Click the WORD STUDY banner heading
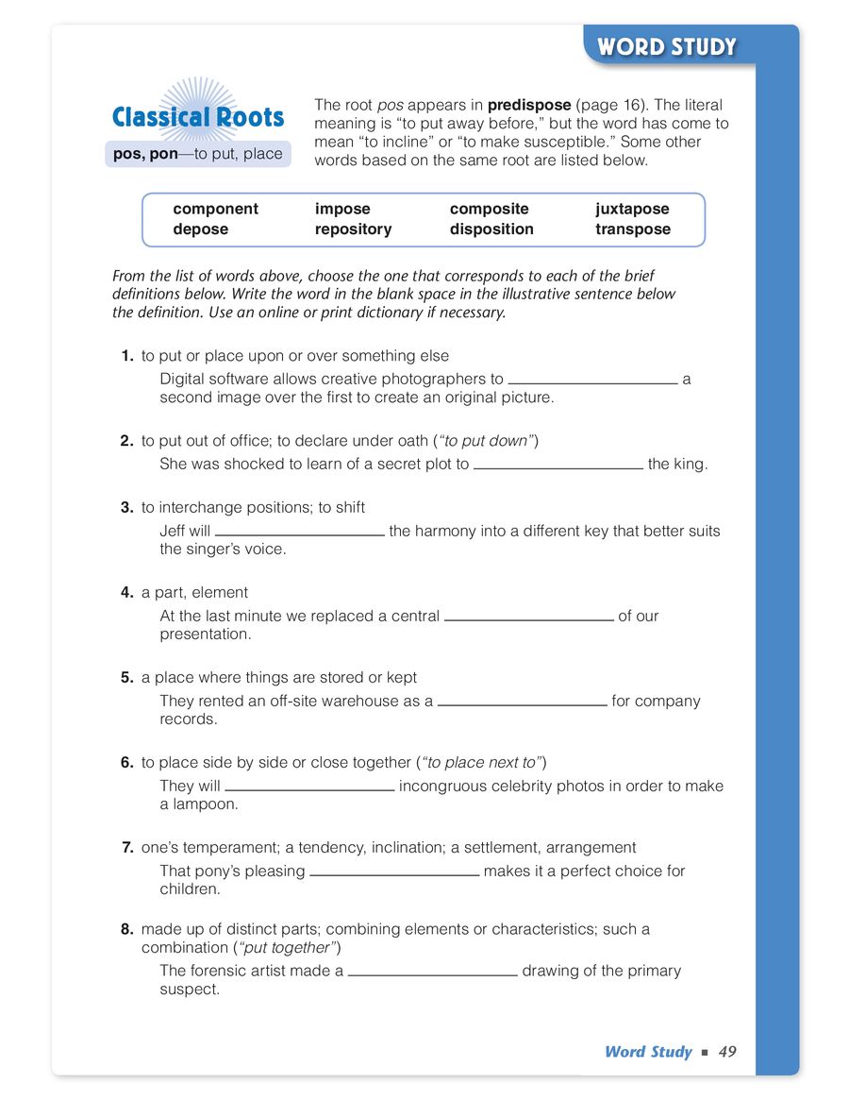point(666,47)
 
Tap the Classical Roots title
point(197,118)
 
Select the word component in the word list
point(215,209)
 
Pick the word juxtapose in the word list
point(632,209)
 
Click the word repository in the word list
point(353,229)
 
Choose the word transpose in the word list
point(633,229)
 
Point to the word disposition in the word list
point(491,229)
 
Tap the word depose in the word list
point(200,229)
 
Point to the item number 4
point(126,592)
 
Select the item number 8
point(126,929)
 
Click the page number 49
point(726,1052)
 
